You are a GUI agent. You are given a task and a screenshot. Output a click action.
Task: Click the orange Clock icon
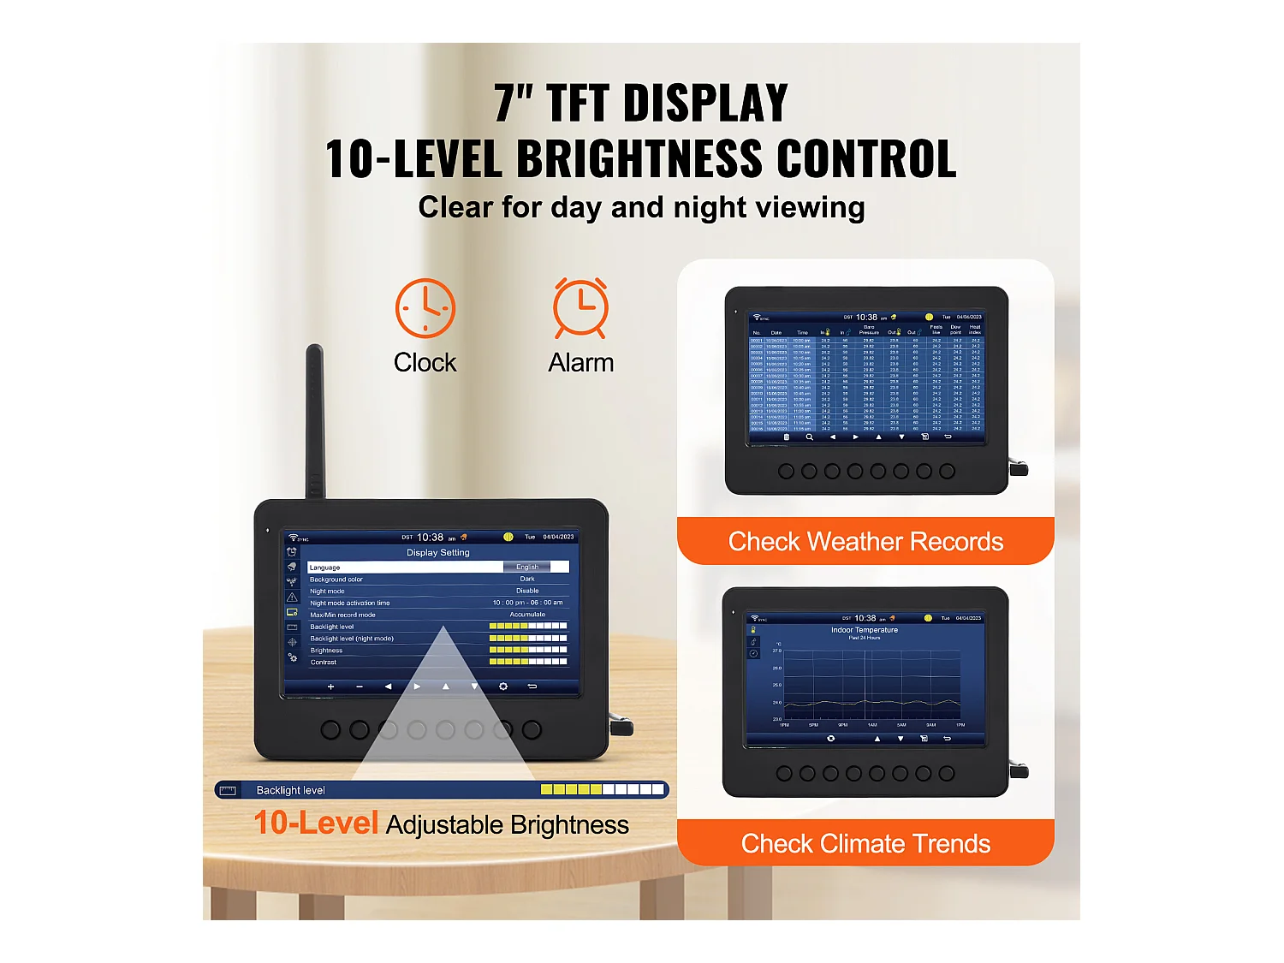tap(425, 308)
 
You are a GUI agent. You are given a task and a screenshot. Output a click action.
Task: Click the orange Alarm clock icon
tap(580, 307)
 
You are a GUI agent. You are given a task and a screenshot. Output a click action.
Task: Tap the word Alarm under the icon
tap(580, 363)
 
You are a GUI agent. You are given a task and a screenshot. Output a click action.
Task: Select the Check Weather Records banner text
tap(865, 542)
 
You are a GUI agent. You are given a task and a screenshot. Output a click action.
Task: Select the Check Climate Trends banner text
tap(865, 844)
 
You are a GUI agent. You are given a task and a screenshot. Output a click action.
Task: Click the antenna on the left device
tap(315, 419)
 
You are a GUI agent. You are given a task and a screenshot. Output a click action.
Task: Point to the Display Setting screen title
tap(438, 553)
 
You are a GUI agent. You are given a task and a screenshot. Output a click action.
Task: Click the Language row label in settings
tap(325, 568)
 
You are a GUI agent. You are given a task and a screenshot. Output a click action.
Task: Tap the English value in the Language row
tap(527, 568)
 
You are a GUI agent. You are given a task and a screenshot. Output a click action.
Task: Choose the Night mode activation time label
tap(349, 603)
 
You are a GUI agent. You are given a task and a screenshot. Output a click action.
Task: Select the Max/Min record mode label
tap(342, 615)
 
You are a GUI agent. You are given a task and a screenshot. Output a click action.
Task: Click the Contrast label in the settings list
tap(324, 663)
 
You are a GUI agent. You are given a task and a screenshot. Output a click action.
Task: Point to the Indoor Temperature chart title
tap(865, 630)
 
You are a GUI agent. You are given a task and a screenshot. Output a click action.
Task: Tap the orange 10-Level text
tap(316, 823)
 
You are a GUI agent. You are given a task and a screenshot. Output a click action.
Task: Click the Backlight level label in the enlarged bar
tap(291, 790)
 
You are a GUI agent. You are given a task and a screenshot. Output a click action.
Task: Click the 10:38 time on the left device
tap(430, 538)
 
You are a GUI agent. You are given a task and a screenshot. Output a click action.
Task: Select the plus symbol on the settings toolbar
tap(331, 687)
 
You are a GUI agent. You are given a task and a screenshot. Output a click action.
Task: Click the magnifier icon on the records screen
tap(809, 437)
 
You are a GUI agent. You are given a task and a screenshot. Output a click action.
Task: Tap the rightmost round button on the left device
tap(532, 730)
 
